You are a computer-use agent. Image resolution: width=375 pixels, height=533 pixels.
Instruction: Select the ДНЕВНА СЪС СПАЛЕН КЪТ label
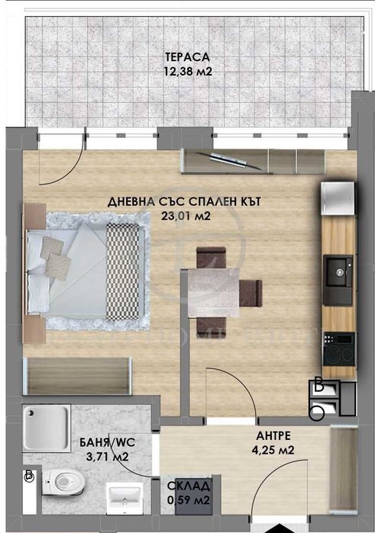185,202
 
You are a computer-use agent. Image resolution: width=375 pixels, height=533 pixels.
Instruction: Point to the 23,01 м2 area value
185,217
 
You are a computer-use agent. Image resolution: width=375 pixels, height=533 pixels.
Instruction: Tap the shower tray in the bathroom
46,429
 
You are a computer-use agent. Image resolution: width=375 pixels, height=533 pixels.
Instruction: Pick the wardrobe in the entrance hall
345,465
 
